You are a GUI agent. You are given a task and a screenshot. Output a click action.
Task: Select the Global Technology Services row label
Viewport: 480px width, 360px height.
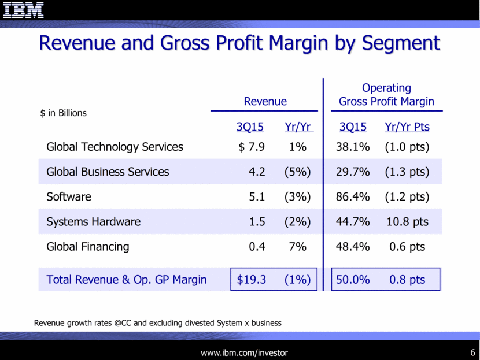coord(115,147)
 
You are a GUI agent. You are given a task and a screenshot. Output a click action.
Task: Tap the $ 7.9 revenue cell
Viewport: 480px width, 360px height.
coord(252,147)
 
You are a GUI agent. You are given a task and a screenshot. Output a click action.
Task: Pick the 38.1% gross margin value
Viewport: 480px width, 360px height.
coord(353,147)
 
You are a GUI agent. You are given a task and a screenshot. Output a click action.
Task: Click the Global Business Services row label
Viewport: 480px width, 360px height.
coord(108,172)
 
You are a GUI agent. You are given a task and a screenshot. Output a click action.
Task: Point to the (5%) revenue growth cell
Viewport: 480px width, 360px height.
coord(297,172)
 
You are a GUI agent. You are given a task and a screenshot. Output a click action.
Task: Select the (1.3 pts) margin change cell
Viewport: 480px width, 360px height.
coord(407,172)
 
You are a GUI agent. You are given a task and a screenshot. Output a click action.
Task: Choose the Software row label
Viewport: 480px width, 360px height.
coord(69,196)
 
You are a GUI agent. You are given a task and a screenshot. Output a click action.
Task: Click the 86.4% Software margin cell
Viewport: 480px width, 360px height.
coord(353,196)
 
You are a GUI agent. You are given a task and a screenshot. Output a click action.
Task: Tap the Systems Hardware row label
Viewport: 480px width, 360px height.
coord(93,221)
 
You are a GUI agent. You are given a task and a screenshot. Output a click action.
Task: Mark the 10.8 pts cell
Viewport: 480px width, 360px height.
coord(407,221)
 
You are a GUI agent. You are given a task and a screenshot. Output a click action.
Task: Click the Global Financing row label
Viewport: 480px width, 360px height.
coord(87,247)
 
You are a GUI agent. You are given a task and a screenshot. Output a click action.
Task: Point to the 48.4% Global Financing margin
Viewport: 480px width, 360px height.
coord(353,247)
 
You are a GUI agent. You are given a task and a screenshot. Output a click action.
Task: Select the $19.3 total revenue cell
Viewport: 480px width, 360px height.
coord(252,280)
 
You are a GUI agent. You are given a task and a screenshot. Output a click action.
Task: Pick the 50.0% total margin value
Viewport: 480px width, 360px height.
coord(353,280)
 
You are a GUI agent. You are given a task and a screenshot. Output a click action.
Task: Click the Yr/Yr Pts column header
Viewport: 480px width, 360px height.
coord(407,127)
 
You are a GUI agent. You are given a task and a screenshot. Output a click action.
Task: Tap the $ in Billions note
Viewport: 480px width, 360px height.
coord(64,113)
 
